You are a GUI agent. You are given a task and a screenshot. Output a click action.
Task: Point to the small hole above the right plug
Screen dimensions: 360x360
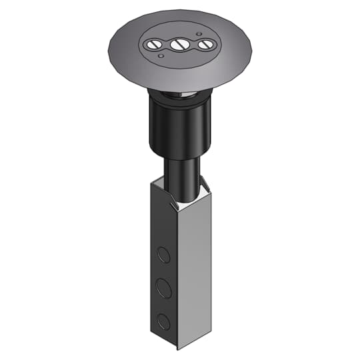pyautogui.click(x=198, y=33)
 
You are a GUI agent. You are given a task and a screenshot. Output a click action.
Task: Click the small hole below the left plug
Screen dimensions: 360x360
pyautogui.click(x=161, y=57)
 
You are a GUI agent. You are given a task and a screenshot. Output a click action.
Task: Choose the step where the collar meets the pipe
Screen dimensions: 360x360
pyautogui.click(x=180, y=155)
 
